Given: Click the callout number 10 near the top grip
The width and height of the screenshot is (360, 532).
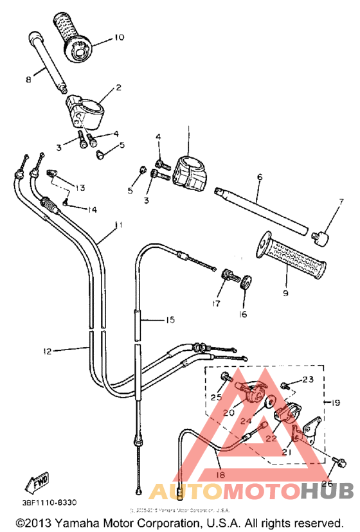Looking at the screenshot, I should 119,37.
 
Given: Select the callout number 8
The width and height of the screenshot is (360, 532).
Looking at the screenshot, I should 28,80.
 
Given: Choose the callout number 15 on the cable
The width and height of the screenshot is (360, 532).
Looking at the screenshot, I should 170,319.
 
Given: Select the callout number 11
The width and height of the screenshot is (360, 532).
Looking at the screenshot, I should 118,225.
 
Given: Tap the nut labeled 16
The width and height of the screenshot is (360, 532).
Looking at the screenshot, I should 246,281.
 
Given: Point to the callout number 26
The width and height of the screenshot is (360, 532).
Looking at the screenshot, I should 327,484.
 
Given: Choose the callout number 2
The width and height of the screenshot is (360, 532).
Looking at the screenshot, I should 118,87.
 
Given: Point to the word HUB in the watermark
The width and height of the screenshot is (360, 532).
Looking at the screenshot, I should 330,491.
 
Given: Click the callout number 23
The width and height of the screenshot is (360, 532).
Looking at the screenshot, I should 308,379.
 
